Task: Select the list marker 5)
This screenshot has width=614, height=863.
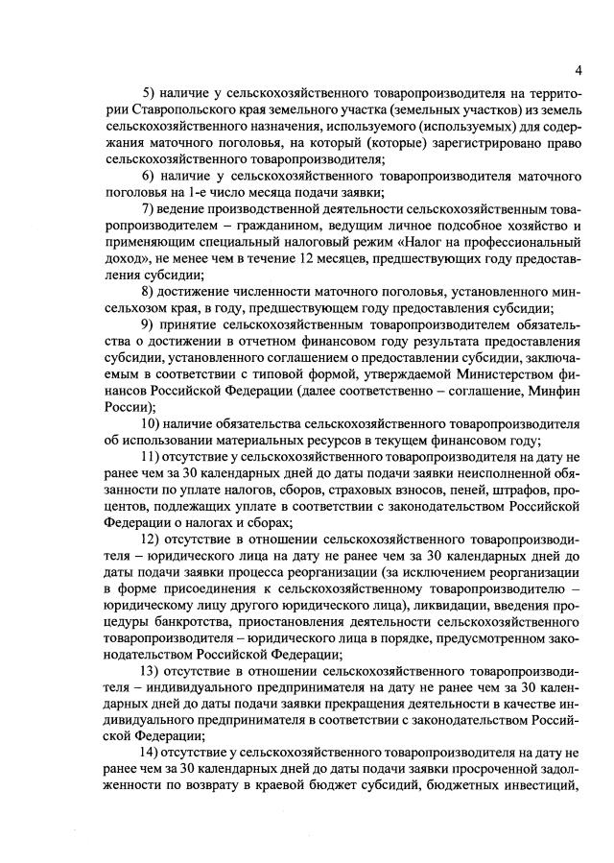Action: point(150,93)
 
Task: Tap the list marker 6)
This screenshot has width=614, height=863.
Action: point(150,178)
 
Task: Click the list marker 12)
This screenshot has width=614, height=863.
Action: point(153,540)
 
